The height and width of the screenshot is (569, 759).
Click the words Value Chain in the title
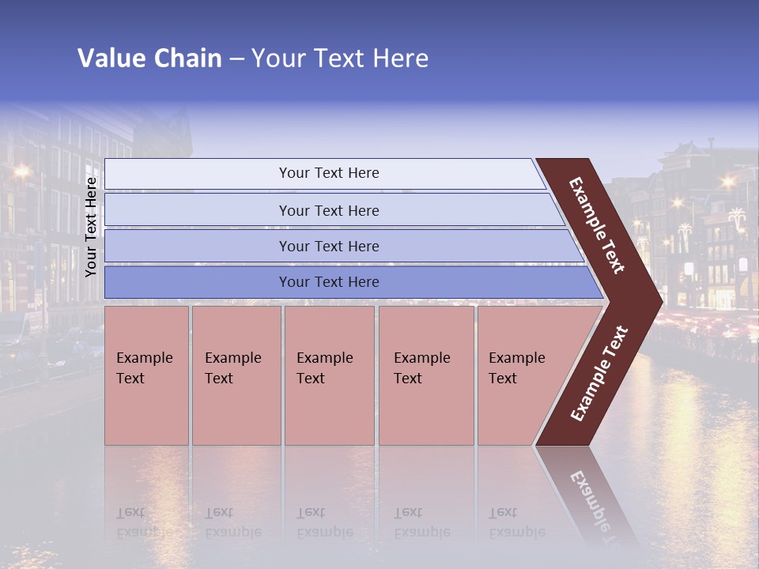point(149,58)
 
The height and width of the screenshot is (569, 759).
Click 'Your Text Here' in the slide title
point(340,58)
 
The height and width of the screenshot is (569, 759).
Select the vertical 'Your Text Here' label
point(91,227)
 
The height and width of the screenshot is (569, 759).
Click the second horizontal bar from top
point(329,210)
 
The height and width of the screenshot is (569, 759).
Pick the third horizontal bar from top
point(329,246)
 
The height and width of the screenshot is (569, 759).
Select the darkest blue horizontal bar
point(329,282)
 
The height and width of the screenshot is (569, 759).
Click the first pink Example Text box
point(146,375)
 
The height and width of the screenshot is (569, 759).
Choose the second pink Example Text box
point(236,375)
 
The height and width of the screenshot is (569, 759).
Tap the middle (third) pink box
point(329,375)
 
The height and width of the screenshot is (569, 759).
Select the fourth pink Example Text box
point(426,375)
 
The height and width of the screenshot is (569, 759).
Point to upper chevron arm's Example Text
point(597,225)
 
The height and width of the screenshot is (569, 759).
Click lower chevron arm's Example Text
point(599,374)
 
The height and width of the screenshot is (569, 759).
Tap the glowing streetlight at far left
point(21,171)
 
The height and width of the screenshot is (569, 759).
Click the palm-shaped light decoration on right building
point(737,217)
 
